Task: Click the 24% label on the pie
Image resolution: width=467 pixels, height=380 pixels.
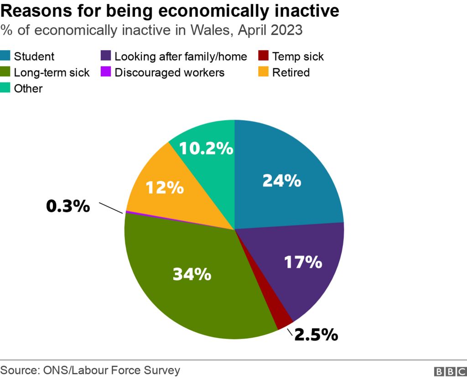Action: tap(281, 181)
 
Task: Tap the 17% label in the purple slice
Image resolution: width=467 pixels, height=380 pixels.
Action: tap(303, 262)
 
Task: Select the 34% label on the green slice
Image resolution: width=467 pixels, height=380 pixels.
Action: tap(192, 274)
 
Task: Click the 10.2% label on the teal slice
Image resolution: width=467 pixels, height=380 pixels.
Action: tap(206, 148)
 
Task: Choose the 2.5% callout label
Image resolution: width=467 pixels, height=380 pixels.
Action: tap(316, 335)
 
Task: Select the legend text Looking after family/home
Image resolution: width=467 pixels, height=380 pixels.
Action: tap(181, 57)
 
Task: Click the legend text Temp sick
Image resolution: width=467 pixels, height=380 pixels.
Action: tap(298, 57)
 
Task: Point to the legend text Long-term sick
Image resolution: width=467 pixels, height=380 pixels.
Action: tap(52, 72)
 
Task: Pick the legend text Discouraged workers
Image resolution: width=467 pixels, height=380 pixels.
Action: tap(169, 72)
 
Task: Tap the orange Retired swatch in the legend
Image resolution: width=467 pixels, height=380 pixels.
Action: tap(264, 72)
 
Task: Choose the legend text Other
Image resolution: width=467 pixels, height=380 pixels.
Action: tap(28, 88)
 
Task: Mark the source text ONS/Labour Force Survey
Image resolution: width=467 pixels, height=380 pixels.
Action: tap(111, 370)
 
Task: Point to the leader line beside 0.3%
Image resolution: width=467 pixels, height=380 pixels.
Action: tap(111, 208)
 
